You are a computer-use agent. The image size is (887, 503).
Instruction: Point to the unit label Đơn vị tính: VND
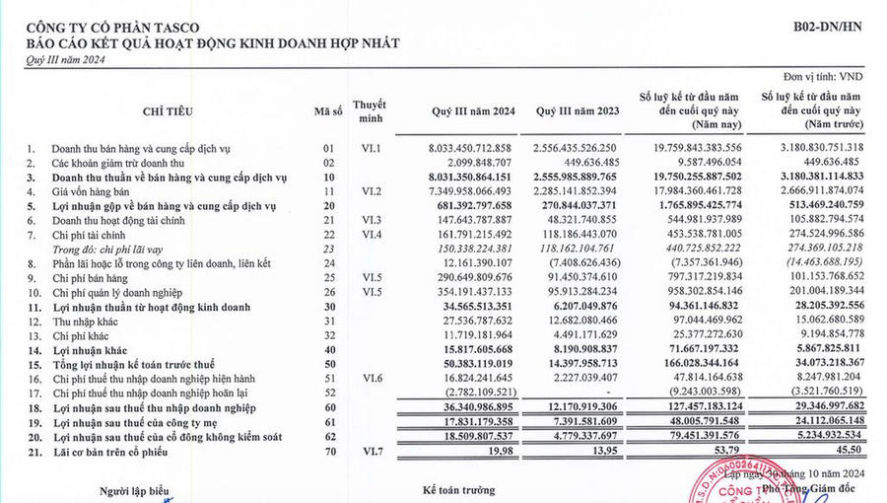(837, 75)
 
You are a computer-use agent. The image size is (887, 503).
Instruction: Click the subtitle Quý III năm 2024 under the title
(64, 59)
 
